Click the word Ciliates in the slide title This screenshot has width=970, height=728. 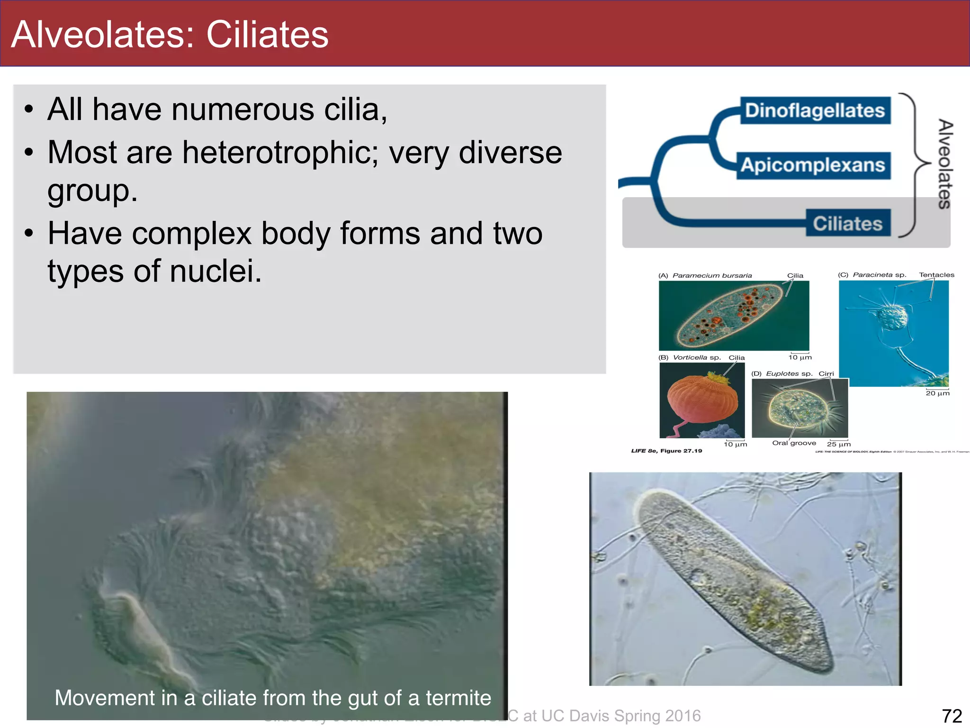pos(267,35)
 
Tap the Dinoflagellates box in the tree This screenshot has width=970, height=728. pos(815,110)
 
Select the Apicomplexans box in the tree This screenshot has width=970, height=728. pos(813,165)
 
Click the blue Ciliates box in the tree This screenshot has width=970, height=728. pos(848,223)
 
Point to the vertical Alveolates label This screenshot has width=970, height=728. pos(945,164)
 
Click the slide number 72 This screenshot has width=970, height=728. pos(952,716)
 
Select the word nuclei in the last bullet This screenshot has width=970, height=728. pos(215,271)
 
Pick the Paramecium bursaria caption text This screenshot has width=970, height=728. pos(712,275)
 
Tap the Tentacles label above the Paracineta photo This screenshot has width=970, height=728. pos(936,275)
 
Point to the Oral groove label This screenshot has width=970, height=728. pos(794,443)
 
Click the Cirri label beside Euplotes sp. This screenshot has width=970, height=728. pos(826,373)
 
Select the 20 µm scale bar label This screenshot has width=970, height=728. pos(937,393)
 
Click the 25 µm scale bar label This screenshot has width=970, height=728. pos(839,445)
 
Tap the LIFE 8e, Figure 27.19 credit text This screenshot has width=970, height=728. pos(666,451)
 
